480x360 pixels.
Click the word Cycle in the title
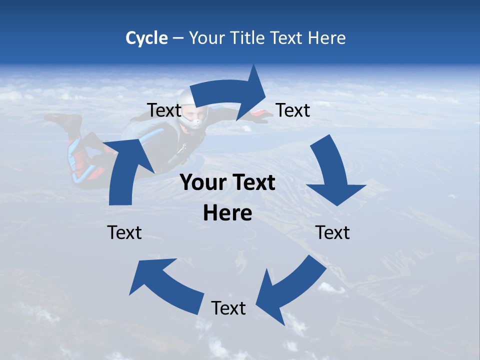(x=146, y=38)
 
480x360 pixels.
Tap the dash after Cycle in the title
(x=177, y=38)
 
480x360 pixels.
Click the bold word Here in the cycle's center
(x=227, y=213)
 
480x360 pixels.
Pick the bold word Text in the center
(x=252, y=183)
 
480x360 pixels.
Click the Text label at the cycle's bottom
(x=228, y=308)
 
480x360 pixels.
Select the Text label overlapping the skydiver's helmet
(x=164, y=110)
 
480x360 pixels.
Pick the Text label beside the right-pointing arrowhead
(x=293, y=110)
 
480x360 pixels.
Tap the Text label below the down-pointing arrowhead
(x=332, y=233)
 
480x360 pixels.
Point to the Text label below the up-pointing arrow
(x=124, y=233)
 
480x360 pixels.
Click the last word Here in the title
(x=327, y=38)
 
